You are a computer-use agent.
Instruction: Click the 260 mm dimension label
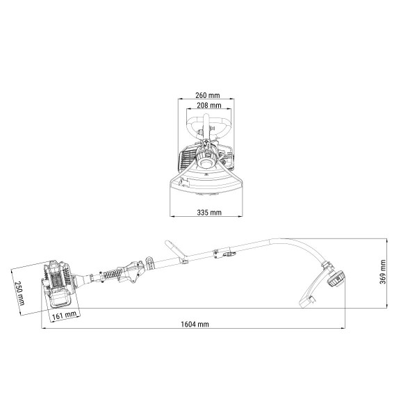pyautogui.click(x=208, y=95)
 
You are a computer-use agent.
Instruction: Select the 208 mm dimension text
pyautogui.click(x=209, y=106)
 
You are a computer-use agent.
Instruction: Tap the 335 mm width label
pyautogui.click(x=209, y=212)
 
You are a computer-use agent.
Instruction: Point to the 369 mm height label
pyautogui.click(x=383, y=272)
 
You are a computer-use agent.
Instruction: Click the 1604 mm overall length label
pyautogui.click(x=195, y=324)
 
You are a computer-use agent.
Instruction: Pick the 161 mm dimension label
pyautogui.click(x=64, y=316)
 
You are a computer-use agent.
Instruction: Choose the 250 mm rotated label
pyautogui.click(x=20, y=293)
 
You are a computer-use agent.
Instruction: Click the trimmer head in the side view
pyautogui.click(x=336, y=279)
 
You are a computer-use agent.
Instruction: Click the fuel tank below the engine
pyautogui.click(x=61, y=298)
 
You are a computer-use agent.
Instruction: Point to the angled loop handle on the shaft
pyautogui.click(x=175, y=251)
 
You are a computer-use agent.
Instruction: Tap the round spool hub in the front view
pyautogui.click(x=206, y=163)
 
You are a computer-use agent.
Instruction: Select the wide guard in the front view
pyautogui.click(x=206, y=183)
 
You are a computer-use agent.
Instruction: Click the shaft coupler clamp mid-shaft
pyautogui.click(x=224, y=253)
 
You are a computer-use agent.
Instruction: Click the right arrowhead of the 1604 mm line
pyautogui.click(x=343, y=328)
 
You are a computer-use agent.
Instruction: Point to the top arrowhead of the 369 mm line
pyautogui.click(x=386, y=240)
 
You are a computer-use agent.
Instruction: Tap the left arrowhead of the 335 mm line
pyautogui.click(x=172, y=216)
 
